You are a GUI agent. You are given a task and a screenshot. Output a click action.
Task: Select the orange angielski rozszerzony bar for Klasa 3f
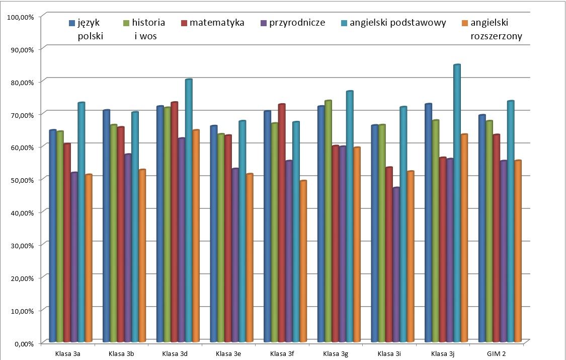point(303,262)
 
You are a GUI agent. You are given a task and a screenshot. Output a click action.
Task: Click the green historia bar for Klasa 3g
point(328,222)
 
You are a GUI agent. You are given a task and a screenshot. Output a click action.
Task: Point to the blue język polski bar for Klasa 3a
point(53,237)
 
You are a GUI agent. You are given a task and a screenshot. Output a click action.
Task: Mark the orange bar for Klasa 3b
point(142,256)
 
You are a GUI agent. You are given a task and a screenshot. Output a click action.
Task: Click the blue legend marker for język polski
point(72,23)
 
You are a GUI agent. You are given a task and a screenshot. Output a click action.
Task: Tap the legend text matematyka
point(217,23)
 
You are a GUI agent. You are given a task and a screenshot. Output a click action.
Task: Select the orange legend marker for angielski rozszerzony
point(464,23)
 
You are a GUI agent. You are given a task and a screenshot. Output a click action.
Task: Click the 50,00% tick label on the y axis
point(21,180)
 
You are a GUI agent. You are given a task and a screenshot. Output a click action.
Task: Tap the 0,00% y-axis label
point(23,343)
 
